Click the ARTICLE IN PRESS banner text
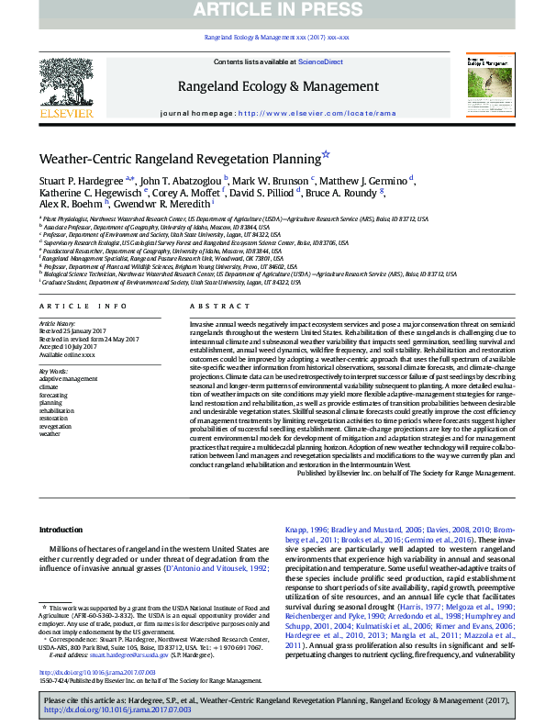pyautogui.click(x=272, y=11)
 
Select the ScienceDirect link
pyautogui.click(x=321, y=62)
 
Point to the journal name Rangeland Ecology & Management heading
pyautogui.click(x=272, y=86)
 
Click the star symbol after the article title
pyautogui.click(x=326, y=155)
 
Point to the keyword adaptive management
pyautogui.click(x=66, y=377)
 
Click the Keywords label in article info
pyautogui.click(x=53, y=370)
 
